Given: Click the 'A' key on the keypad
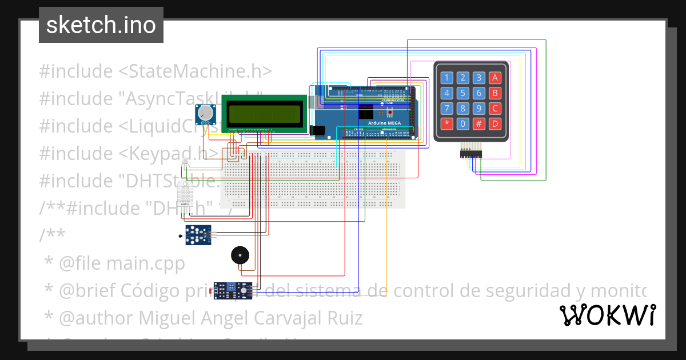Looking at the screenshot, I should click(495, 78).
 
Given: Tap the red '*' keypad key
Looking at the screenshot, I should click(447, 123).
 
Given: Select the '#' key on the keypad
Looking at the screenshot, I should click(479, 123).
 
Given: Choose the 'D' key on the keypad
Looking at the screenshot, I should click(495, 123).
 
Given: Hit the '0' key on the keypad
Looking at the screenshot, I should click(463, 123).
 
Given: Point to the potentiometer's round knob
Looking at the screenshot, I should click(205, 114).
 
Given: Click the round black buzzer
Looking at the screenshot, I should click(240, 255).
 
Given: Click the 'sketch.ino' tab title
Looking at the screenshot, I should click(101, 25).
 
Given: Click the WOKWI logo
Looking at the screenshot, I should click(607, 315).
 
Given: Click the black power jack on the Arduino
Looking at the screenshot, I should click(320, 131).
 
